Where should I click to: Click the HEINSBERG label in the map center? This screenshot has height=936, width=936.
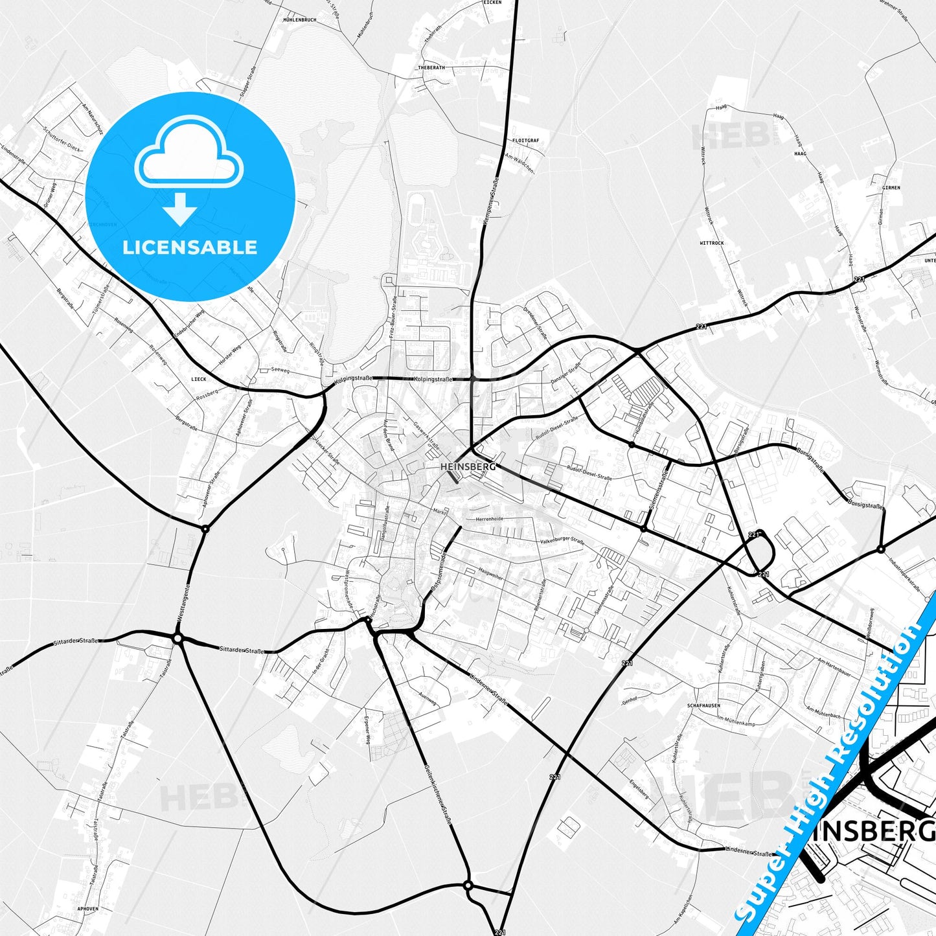click(x=467, y=466)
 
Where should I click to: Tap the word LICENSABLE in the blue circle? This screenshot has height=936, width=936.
click(x=190, y=247)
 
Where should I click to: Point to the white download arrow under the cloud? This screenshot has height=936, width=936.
click(x=180, y=209)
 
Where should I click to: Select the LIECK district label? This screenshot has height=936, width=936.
click(x=198, y=379)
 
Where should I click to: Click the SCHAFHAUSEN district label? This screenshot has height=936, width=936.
click(x=703, y=705)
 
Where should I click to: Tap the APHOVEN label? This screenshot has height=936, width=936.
click(x=87, y=909)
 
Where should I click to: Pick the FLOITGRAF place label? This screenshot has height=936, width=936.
click(x=525, y=140)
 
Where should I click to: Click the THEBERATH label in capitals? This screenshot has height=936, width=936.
click(x=431, y=67)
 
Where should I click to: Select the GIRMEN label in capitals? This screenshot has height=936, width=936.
click(x=891, y=187)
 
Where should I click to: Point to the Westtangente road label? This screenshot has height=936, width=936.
click(x=184, y=603)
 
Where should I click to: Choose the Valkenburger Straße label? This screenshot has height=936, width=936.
click(x=562, y=542)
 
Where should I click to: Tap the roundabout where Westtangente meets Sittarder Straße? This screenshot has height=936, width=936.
click(x=177, y=639)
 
